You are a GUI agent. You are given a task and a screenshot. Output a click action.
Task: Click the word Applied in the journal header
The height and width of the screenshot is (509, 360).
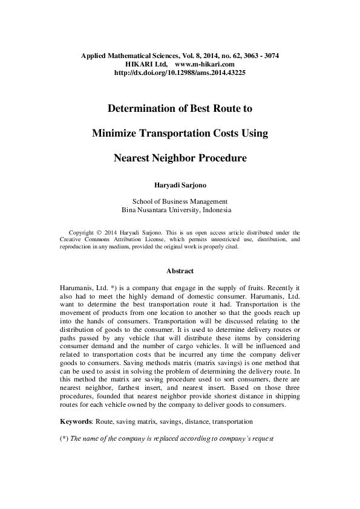point(94,56)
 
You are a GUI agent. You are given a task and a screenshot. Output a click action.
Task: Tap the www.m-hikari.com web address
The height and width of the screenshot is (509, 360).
point(205,63)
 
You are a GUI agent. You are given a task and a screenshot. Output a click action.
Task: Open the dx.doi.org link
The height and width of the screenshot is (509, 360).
point(180,72)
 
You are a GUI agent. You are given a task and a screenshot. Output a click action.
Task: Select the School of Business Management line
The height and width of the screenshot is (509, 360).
point(180,201)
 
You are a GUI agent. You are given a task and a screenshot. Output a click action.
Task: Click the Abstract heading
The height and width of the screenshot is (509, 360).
point(180,271)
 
